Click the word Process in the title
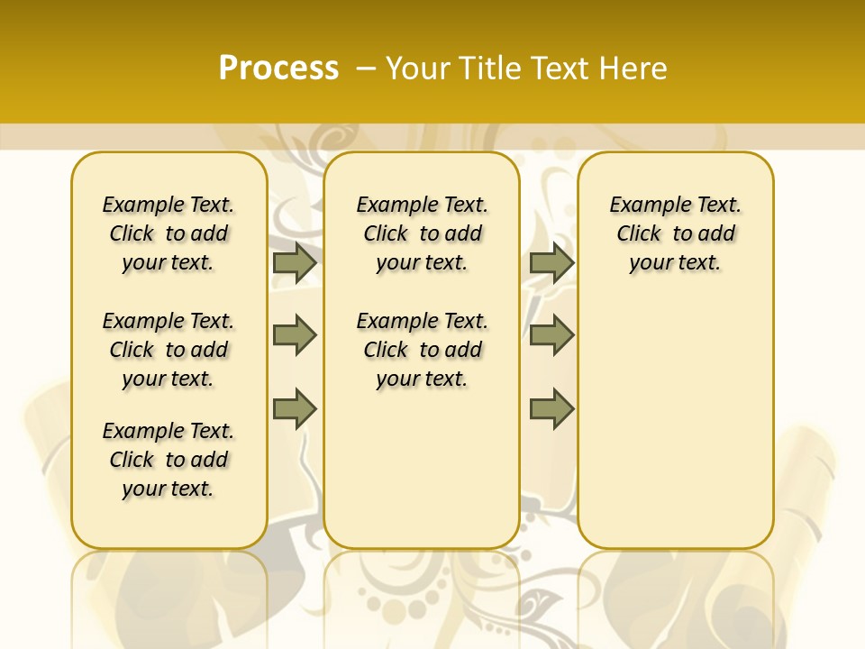[278, 68]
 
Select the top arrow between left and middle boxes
[295, 263]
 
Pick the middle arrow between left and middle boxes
[295, 335]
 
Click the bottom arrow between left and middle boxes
[295, 408]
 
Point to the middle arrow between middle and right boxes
[551, 335]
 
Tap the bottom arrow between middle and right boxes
[551, 408]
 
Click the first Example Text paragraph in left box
[168, 233]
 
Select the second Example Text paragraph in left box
[168, 350]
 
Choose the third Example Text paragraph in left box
[168, 460]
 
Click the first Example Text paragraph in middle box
[422, 233]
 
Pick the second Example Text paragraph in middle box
[422, 350]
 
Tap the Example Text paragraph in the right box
[675, 233]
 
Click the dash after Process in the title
[366, 69]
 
